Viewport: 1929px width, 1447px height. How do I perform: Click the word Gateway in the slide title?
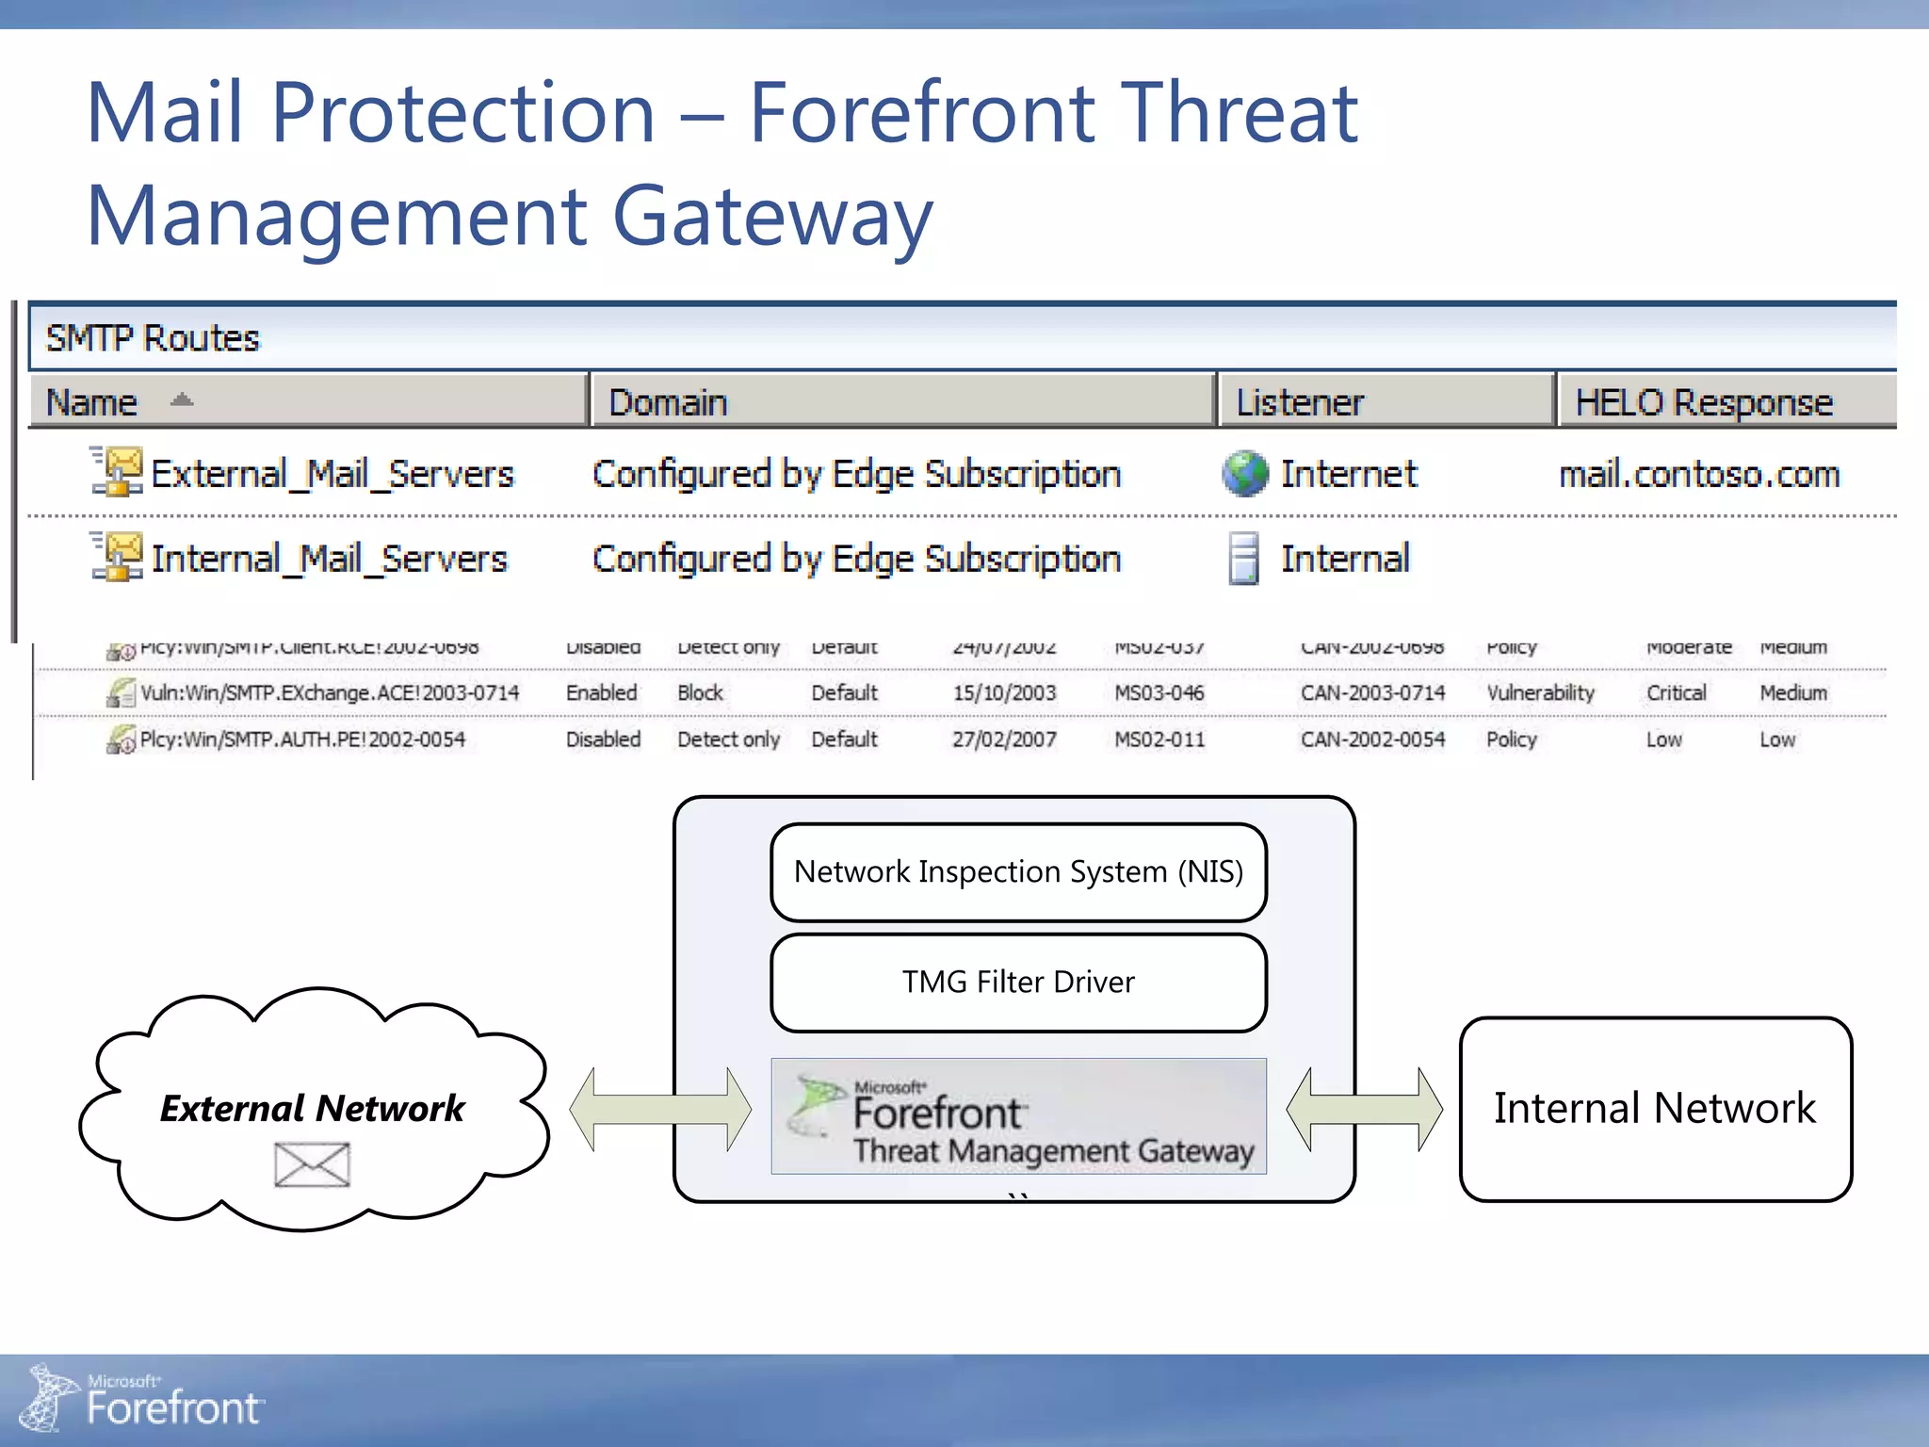tap(771, 217)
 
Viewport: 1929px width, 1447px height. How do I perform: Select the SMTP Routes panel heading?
tap(153, 338)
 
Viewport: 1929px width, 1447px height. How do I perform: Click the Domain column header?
tap(668, 402)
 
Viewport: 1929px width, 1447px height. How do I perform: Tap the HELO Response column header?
tap(1704, 402)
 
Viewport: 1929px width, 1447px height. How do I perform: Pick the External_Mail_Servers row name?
tap(332, 474)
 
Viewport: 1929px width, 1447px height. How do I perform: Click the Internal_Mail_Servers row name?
tap(329, 559)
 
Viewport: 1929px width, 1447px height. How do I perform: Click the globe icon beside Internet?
tap(1245, 474)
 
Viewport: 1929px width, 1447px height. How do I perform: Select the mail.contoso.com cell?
tap(1699, 474)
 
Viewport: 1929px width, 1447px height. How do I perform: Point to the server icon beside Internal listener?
tap(1243, 559)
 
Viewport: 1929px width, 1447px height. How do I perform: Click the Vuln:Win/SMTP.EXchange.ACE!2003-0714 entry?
tap(330, 693)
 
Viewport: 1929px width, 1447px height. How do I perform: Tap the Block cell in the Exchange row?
tap(700, 693)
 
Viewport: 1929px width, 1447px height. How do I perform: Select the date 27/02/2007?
tap(1004, 740)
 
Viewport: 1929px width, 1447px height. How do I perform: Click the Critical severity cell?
tap(1676, 693)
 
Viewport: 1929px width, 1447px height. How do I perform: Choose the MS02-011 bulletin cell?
tap(1159, 740)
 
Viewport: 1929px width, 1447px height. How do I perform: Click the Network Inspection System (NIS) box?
tap(1018, 872)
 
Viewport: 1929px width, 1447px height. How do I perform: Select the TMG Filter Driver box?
tap(1018, 983)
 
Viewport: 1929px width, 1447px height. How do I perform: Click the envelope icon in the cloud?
tap(312, 1164)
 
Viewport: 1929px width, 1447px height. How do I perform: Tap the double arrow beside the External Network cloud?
tap(660, 1109)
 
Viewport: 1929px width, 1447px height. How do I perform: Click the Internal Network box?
tap(1655, 1109)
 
